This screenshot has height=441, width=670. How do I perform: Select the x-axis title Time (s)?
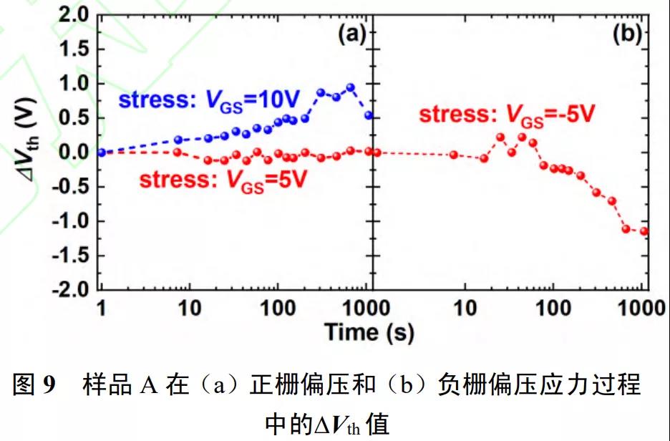(x=369, y=331)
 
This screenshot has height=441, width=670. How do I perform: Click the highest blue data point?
(x=351, y=87)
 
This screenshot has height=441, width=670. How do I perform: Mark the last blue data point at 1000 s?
(x=369, y=115)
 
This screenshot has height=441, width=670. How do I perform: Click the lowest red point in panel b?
(x=644, y=231)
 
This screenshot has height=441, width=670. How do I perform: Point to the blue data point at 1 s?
(x=101, y=152)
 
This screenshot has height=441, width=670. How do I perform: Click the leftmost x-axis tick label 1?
(x=101, y=309)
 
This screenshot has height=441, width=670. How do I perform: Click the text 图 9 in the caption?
(x=35, y=386)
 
